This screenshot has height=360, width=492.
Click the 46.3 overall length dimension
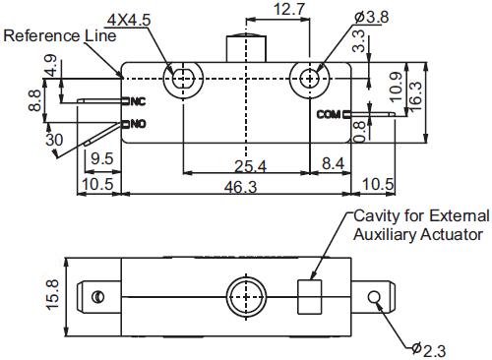(240, 187)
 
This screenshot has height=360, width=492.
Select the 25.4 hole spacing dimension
(250, 166)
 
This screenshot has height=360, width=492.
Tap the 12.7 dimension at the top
(289, 9)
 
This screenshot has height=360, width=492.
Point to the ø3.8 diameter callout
(372, 17)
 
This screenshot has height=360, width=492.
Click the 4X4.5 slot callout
(129, 20)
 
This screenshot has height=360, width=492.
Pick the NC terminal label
(138, 101)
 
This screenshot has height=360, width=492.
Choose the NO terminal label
(138, 124)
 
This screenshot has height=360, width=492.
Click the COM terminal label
(329, 114)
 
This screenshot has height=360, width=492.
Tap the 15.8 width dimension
(52, 294)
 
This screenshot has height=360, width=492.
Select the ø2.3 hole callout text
(429, 349)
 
